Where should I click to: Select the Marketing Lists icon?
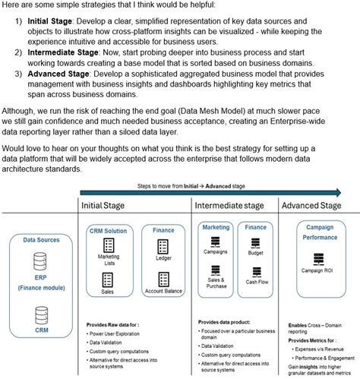click(x=109, y=246)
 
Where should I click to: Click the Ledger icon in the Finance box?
click(x=163, y=246)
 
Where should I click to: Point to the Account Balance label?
click(x=163, y=291)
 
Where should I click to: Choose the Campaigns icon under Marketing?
click(x=215, y=242)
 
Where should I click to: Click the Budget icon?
click(x=255, y=242)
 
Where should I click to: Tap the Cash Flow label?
click(x=255, y=281)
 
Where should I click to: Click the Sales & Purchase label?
click(x=215, y=283)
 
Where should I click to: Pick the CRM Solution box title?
click(x=109, y=229)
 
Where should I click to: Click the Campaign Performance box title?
click(x=320, y=232)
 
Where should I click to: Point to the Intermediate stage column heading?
click(x=229, y=206)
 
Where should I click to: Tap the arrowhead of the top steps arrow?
click(x=350, y=192)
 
